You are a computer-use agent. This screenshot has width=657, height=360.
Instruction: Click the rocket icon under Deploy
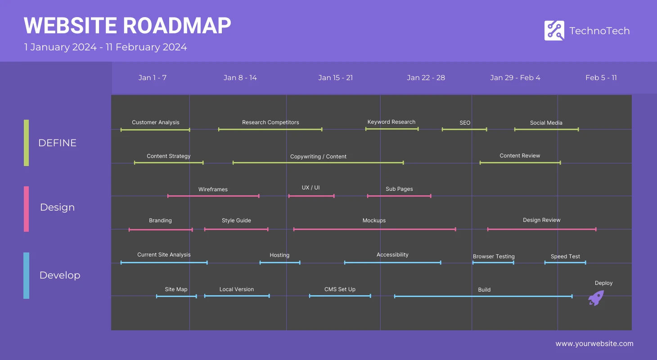tap(596, 298)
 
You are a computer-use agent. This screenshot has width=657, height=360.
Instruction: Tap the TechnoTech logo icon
tap(554, 31)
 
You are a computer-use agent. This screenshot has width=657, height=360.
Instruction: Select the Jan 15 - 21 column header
tap(335, 78)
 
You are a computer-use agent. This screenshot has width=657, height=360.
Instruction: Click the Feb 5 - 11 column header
tap(601, 78)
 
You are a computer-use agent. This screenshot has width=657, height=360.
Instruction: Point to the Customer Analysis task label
tap(155, 122)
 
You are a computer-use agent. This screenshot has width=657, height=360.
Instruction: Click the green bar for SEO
tap(464, 130)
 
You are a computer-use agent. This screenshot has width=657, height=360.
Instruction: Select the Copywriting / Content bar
tap(318, 162)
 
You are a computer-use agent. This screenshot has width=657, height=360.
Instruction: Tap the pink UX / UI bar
tap(311, 196)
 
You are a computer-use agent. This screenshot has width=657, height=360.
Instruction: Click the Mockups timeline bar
tap(374, 229)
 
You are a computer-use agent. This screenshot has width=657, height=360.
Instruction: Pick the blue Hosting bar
tap(280, 263)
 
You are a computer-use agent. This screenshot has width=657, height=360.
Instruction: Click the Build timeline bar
tap(483, 296)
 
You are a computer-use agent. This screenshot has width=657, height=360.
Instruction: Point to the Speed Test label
tap(565, 256)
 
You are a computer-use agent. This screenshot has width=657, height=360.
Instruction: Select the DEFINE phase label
tap(57, 143)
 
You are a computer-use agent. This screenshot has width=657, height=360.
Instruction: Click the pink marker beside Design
tap(26, 209)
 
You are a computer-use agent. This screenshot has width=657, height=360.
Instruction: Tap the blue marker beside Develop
tap(26, 275)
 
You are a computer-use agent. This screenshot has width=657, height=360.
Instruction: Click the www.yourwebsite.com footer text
tap(594, 344)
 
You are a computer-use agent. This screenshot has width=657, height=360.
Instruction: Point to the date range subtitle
tap(106, 47)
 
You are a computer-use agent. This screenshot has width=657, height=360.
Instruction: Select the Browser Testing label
tap(493, 256)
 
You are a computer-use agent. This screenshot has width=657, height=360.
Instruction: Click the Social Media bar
tap(546, 130)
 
